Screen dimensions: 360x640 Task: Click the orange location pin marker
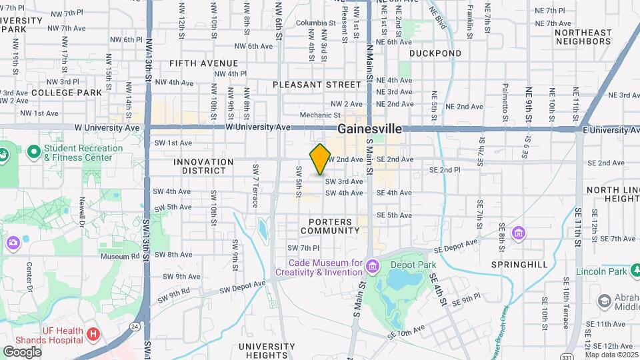[320, 159]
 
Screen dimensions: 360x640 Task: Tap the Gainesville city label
[370, 129]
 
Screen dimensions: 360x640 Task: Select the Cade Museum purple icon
[372, 267]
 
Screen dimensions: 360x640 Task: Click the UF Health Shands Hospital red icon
[93, 333]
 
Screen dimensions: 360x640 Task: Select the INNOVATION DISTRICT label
[200, 166]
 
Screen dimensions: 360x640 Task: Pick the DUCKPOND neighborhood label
[435, 53]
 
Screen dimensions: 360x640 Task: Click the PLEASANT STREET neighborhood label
[317, 85]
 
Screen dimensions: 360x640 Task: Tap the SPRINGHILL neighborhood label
[519, 265]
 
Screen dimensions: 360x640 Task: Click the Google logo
[22, 352]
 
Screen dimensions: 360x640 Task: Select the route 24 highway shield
[135, 327]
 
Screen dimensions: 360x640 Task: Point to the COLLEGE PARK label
[66, 93]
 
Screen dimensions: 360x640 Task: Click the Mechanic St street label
[315, 115]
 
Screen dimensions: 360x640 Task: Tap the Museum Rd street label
[119, 256]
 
